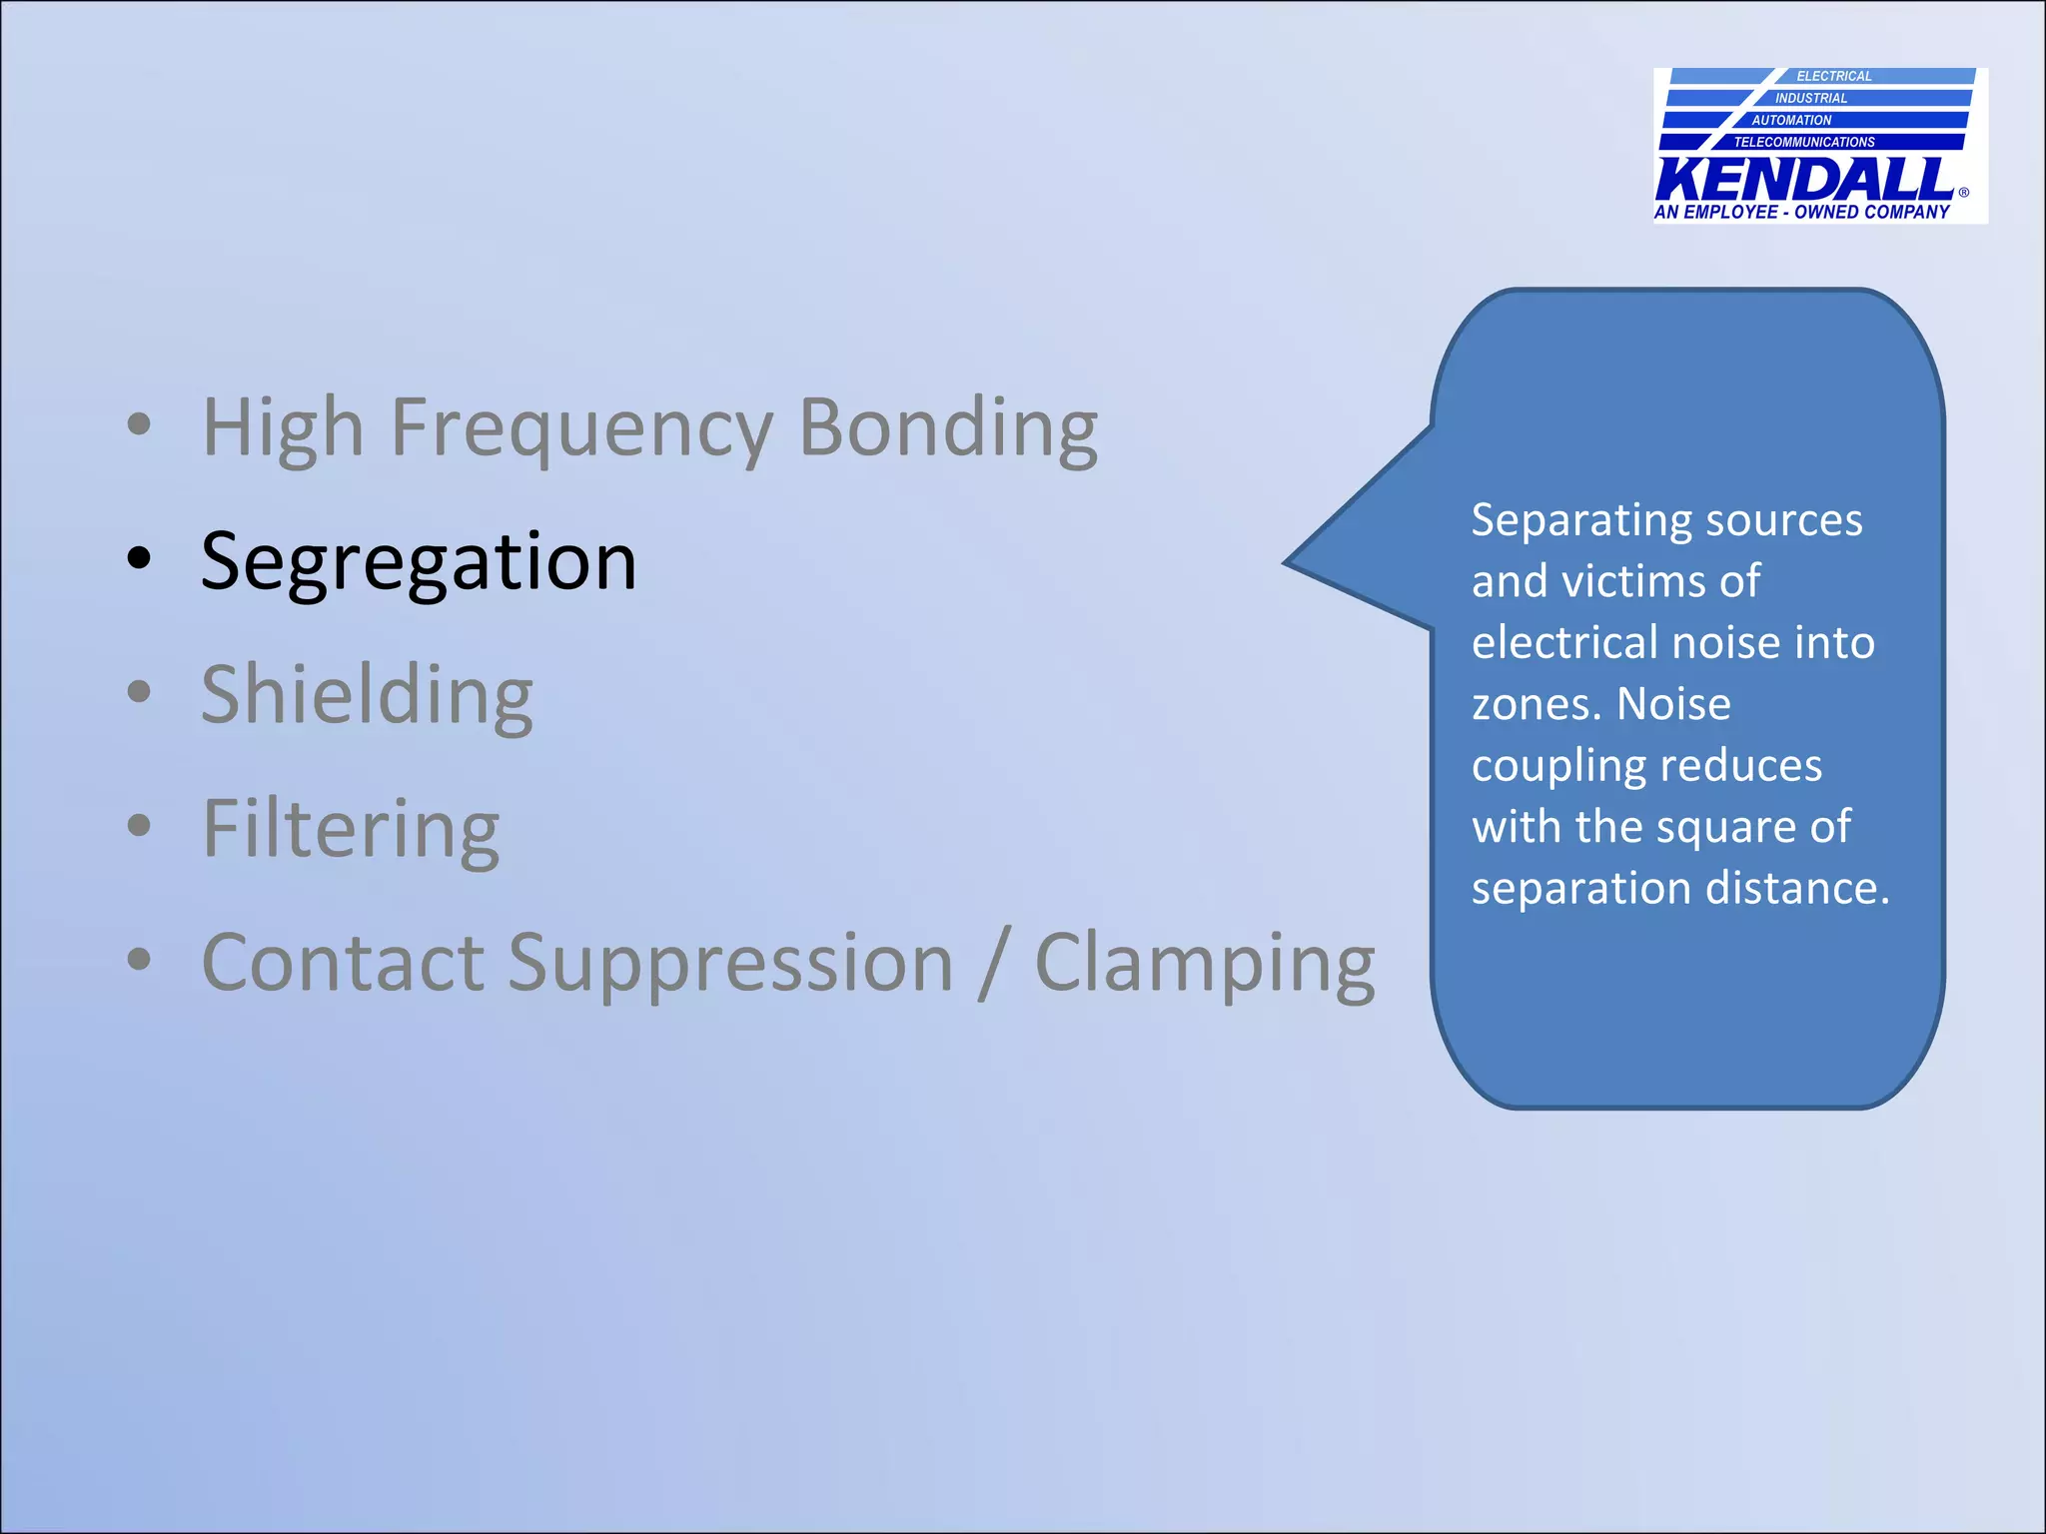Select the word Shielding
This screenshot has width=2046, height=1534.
pyautogui.click(x=367, y=696)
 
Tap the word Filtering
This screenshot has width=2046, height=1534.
pyautogui.click(x=350, y=830)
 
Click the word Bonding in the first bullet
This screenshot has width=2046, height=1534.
pyautogui.click(x=948, y=428)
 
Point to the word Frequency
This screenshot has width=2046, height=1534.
pyautogui.click(x=581, y=428)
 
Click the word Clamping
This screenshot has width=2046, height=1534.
pyautogui.click(x=1205, y=964)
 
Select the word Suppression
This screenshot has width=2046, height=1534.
pyautogui.click(x=729, y=964)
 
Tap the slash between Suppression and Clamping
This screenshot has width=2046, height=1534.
pyautogui.click(x=993, y=964)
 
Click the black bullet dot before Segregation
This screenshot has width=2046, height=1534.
pyautogui.click(x=139, y=558)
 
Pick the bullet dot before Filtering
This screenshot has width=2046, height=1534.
pyautogui.click(x=139, y=825)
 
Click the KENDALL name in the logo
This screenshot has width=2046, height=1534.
pyautogui.click(x=1804, y=180)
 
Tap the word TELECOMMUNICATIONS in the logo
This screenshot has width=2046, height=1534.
pyautogui.click(x=1804, y=142)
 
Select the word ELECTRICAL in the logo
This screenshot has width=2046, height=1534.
pyautogui.click(x=1834, y=76)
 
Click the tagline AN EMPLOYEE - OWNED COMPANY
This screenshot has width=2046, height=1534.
pyautogui.click(x=1801, y=212)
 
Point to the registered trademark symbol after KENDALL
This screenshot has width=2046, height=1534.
pyautogui.click(x=1964, y=192)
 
